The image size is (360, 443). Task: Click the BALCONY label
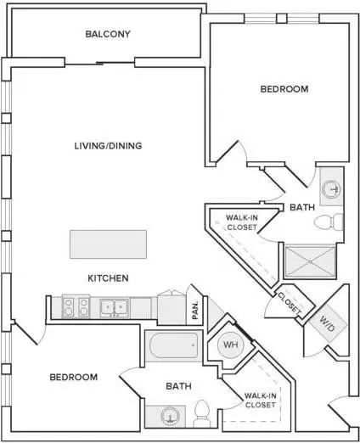pos(108,34)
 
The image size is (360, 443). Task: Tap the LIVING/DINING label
pos(108,146)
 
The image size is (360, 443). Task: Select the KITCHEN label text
pos(108,278)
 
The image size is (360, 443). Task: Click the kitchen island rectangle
pos(108,244)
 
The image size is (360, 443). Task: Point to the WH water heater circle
pos(231,345)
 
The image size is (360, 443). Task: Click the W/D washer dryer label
pos(327,323)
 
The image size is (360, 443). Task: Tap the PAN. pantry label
pos(195,310)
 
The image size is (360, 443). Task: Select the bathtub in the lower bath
pos(174,345)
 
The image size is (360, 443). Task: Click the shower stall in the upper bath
pos(310,261)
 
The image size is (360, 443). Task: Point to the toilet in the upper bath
pos(329,222)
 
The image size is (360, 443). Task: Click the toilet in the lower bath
pos(202,413)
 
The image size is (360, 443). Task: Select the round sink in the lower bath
pos(170,416)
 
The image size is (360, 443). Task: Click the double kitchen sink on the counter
pos(114,307)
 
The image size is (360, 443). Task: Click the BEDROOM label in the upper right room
pos(284,89)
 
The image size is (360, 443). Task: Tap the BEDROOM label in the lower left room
pos(74,378)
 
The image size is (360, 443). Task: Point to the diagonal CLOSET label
pos(290,304)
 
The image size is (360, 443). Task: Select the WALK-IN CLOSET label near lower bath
pos(261,401)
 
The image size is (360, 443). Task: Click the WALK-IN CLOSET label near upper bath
pos(242,222)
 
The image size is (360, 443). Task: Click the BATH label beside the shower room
pos(302,207)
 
